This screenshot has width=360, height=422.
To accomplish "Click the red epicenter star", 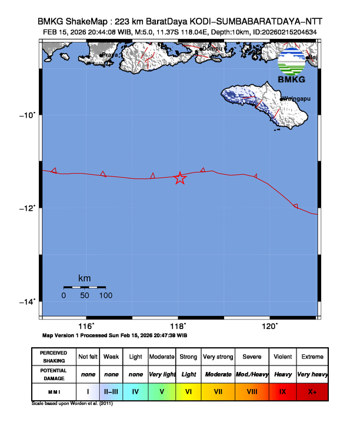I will pos(180,178).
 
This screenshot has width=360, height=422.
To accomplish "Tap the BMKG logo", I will pos(292,67).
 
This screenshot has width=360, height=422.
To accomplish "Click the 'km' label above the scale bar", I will pos(85,278).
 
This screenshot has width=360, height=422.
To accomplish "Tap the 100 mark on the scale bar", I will pos(106,295).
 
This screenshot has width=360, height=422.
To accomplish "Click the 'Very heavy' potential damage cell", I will pos(312,374).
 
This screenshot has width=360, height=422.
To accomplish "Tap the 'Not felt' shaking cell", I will pos(88,357).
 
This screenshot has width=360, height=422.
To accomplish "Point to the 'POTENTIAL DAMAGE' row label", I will pos(54,374).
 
